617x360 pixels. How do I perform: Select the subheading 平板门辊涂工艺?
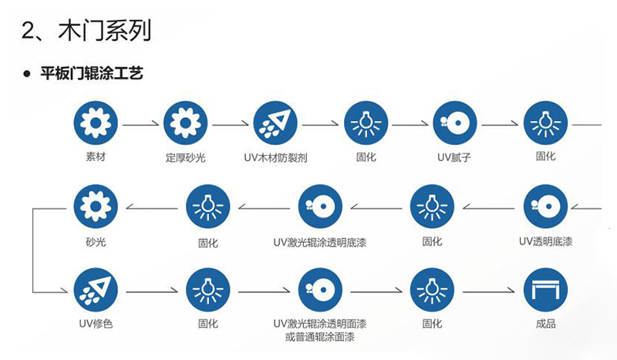coord(92,74)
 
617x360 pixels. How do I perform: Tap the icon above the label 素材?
coord(96,123)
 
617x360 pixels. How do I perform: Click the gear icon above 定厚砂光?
coord(186,123)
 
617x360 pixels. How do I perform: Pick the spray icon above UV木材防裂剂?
coord(275,123)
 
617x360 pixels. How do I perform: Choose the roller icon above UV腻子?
coord(455,123)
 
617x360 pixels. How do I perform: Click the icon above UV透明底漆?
coord(545,206)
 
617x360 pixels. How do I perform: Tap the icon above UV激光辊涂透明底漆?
coord(320,206)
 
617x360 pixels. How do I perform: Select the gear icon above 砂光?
coord(96,206)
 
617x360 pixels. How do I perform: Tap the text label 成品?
coord(545,324)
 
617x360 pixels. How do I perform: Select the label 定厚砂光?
coord(186,157)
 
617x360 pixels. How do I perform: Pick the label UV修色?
coord(96,324)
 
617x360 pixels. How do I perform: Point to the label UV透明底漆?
coord(545,241)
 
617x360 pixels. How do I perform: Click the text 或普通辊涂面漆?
coord(319,337)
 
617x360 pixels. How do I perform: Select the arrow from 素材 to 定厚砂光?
coord(140,123)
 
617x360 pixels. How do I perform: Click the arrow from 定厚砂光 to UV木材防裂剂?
coord(231,123)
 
